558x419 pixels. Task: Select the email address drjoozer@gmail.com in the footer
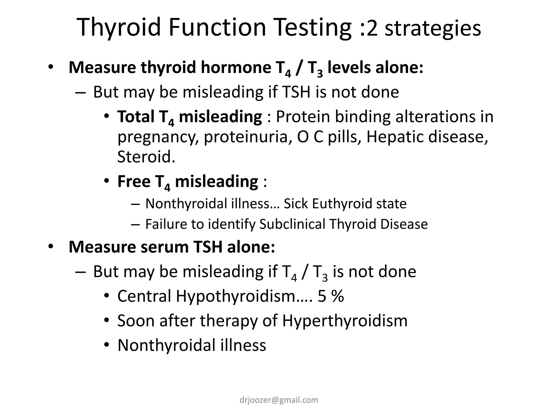(279, 400)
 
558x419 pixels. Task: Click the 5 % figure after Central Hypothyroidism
(330, 296)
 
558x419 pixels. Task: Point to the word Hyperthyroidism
(345, 321)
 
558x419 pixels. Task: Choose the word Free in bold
(134, 181)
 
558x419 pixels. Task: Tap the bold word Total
(136, 116)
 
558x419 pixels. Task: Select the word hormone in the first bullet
(236, 67)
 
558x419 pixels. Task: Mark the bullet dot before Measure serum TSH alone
(51, 247)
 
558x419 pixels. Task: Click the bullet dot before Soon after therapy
(107, 321)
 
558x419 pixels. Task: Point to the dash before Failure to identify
(135, 224)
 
